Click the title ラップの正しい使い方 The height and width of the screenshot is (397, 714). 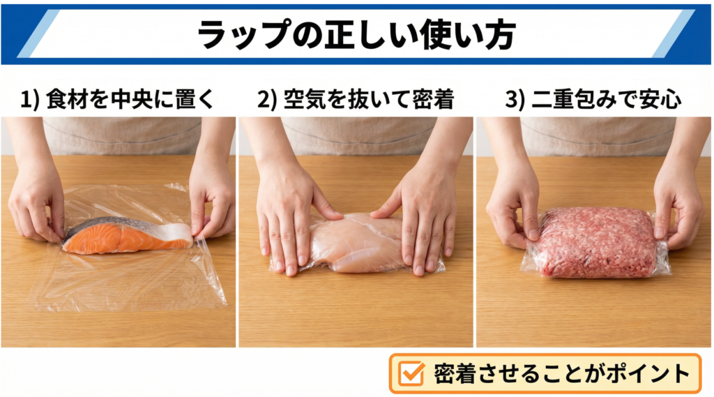tap(357, 33)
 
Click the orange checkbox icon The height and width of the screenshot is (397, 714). tap(413, 374)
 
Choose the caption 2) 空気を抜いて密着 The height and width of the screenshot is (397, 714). tap(356, 100)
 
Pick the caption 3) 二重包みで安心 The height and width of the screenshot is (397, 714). tap(593, 100)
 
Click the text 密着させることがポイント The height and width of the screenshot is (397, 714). tap(561, 374)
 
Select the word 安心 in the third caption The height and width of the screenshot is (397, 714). tap(662, 100)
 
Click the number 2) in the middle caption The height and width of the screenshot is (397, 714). tap(268, 100)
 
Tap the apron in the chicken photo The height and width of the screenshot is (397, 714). tap(356, 136)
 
